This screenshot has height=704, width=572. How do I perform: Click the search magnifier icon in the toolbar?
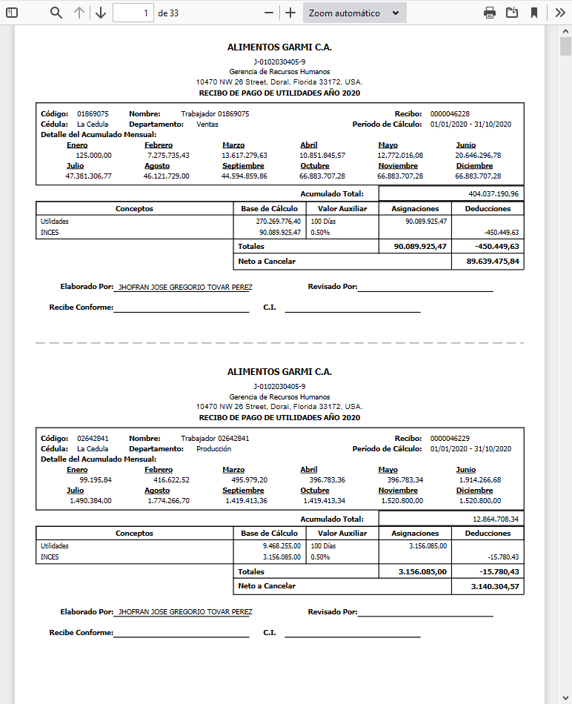coord(56,13)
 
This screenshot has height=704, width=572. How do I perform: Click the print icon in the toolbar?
coord(489,13)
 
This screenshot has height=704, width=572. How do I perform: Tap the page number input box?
coord(133,13)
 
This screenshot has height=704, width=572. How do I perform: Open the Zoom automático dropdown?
coord(354,13)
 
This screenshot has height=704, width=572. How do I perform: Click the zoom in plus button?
coord(290,13)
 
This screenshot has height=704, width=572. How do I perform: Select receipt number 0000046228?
coord(450,114)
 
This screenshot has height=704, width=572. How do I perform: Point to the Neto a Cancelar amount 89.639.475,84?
coord(493,262)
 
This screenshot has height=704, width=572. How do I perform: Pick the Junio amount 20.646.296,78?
coord(478,156)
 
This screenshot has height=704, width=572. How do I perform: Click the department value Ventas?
coord(207,124)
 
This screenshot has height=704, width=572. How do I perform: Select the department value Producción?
coord(213,449)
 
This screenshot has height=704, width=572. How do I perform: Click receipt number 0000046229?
coord(450,439)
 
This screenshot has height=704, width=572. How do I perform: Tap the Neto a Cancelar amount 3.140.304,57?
coord(495,586)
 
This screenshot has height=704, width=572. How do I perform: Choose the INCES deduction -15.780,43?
coord(503,557)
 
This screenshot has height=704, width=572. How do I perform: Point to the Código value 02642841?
coord(93,439)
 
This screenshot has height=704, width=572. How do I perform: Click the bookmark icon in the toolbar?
coord(533,13)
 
